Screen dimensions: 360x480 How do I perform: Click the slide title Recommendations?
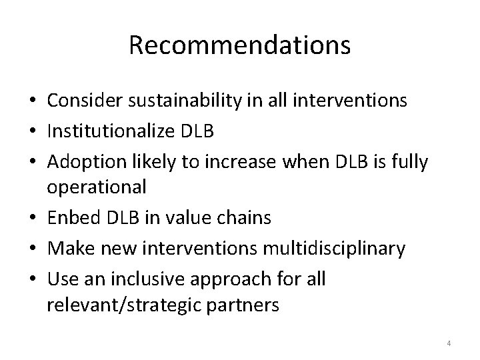click(x=239, y=45)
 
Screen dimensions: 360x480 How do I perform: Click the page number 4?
click(x=449, y=343)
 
